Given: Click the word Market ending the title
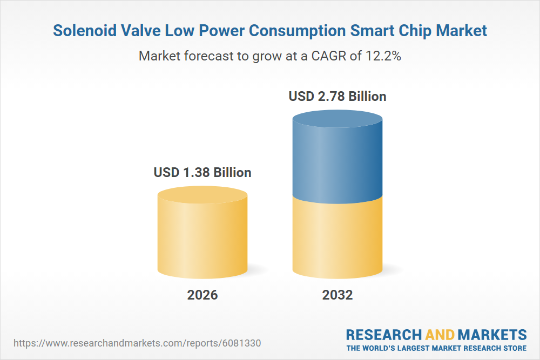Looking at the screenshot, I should point(460,31).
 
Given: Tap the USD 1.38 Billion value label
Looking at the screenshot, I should point(202,173).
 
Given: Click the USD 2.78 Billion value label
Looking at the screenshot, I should point(337,97).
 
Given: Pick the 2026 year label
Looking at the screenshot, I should point(202,295).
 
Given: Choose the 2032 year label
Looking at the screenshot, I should point(337,295).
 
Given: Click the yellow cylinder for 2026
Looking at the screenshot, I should point(202,237).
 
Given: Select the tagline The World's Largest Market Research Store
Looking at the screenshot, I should point(436,348).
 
